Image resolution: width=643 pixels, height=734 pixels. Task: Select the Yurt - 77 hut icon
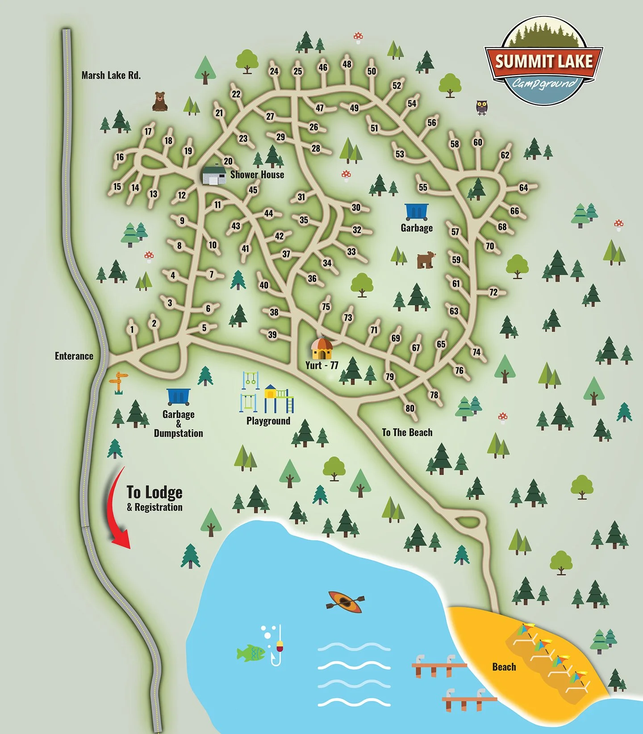coord(321,349)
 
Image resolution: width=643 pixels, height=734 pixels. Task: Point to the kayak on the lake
coord(345,602)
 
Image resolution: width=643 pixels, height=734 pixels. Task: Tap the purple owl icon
coord(481,107)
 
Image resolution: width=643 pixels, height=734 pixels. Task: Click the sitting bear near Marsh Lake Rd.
coord(160,101)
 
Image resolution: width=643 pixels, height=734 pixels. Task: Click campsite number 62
coord(505,155)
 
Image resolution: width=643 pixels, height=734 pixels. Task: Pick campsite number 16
coord(120,157)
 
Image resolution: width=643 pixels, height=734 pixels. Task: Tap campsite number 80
coord(410,408)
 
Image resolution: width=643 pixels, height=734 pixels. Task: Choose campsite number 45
coord(253,190)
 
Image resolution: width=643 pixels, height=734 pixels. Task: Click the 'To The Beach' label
coord(407,432)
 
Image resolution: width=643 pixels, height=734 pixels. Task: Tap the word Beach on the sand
coord(504,667)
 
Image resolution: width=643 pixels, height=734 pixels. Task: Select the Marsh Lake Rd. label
coord(111,75)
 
